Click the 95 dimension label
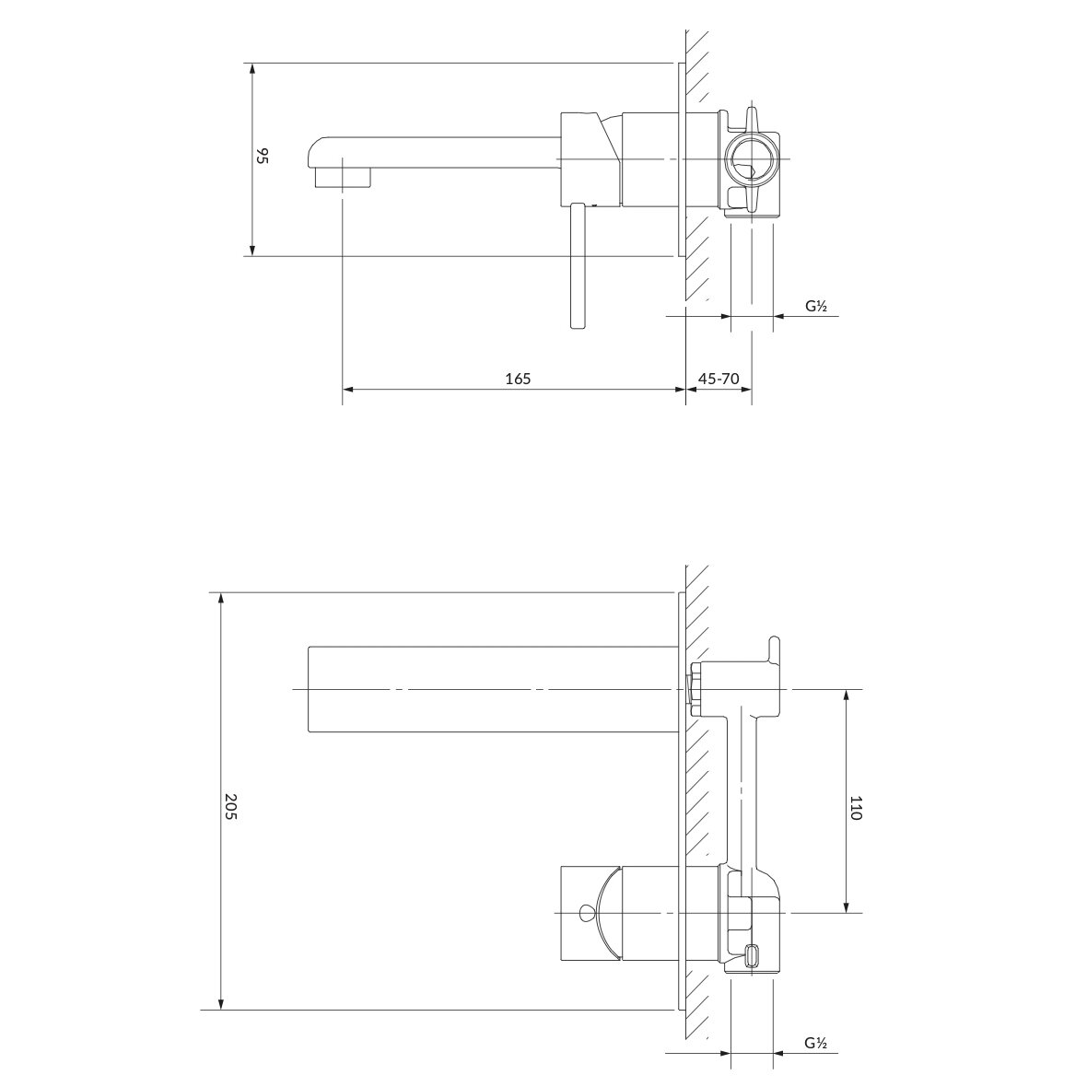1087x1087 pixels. pos(262,156)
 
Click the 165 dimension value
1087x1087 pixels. pos(518,379)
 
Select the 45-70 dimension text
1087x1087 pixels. pos(719,379)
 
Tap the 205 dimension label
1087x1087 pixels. pos(231,807)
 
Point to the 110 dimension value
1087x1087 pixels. pos(856,808)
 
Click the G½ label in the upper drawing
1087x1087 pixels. pos(816,306)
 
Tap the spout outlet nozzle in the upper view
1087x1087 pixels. pos(344,178)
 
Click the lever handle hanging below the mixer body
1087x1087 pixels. pos(579,265)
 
